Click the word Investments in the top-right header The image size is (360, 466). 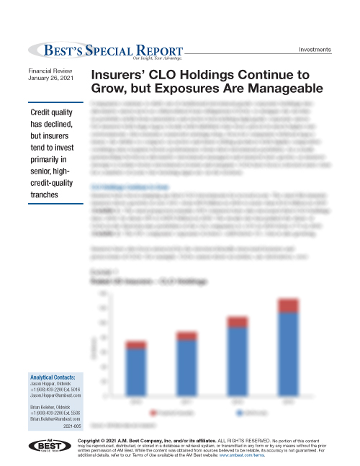(x=315, y=50)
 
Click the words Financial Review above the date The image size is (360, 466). (x=50, y=70)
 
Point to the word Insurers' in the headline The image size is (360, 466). (x=124, y=76)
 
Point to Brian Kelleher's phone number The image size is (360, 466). (x=53, y=413)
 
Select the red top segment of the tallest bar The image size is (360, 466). (x=287, y=305)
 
